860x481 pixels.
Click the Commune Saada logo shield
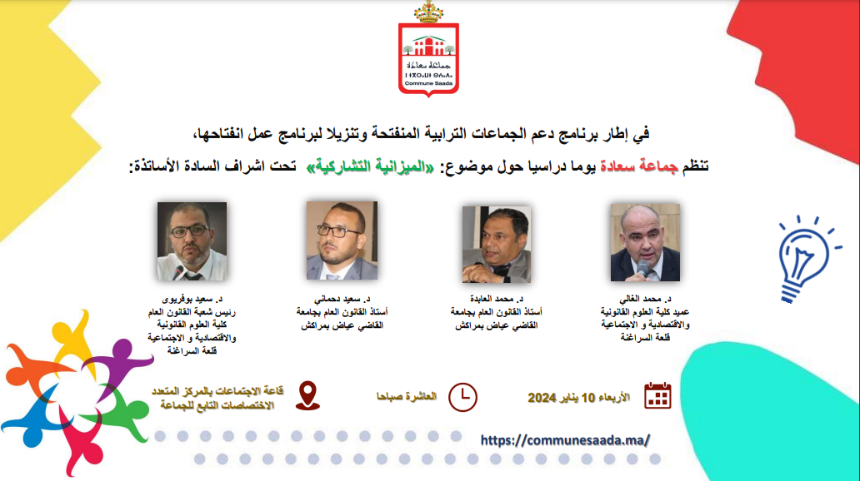428,60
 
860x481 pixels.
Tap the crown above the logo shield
428,12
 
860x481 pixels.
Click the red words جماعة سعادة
639,166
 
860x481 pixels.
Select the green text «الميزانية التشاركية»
370,166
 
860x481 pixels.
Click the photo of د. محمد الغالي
645,243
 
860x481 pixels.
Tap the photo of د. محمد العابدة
497,245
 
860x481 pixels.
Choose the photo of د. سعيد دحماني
342,240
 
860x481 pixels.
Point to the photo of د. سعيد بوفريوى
192,241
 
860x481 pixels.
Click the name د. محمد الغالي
645,299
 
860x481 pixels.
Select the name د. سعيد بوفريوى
192,299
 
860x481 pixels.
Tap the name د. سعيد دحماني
342,299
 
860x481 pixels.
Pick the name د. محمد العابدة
497,299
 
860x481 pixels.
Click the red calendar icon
657,395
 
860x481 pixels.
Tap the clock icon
462,397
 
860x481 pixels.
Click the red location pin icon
307,395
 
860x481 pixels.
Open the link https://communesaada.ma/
566,440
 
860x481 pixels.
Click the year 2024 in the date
542,398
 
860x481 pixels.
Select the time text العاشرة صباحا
407,397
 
